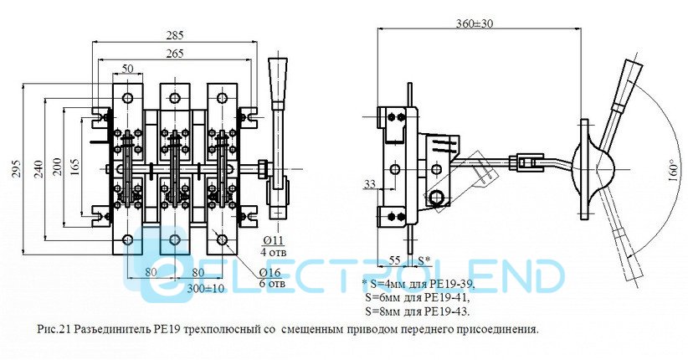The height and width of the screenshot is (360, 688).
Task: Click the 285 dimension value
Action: pos(175,34)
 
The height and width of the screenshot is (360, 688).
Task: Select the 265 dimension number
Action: pos(175,54)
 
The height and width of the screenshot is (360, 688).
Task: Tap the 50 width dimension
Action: pos(127,69)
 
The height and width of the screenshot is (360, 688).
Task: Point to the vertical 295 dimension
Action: pos(17,168)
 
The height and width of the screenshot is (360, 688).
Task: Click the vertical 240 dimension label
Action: pos(39,168)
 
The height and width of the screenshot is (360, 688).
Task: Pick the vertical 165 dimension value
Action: pos(75,168)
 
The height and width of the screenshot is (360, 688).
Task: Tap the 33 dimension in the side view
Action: pos(370,184)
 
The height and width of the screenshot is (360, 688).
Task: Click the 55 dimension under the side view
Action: pos(395,260)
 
